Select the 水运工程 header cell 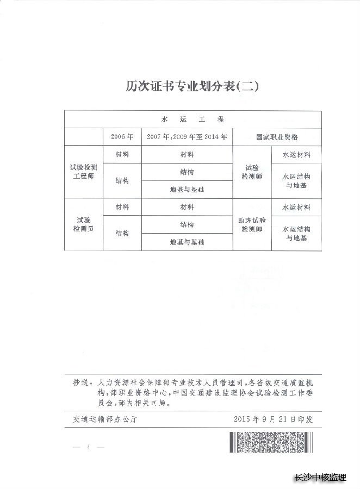point(193,119)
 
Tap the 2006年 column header point(121,137)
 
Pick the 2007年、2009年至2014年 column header point(187,137)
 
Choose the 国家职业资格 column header point(277,137)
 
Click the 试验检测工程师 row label point(83,172)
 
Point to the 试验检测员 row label point(83,225)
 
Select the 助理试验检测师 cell point(251,225)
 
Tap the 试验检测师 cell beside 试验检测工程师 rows point(251,172)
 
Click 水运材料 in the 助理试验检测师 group point(296,208)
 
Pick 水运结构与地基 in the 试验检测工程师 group point(296,180)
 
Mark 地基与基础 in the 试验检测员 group point(187,242)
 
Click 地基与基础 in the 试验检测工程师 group point(187,190)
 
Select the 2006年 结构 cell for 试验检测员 point(121,234)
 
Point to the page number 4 point(87,447)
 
